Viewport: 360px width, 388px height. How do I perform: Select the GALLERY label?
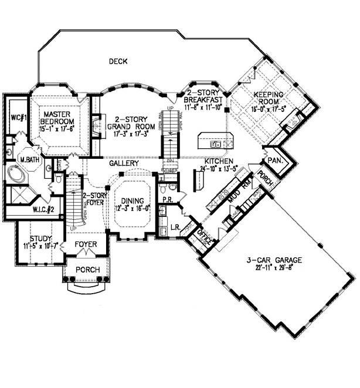click(x=123, y=163)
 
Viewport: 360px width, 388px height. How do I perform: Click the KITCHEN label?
click(x=219, y=161)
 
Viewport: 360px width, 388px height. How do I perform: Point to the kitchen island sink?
click(x=216, y=143)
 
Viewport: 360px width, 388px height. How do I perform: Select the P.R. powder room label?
click(x=167, y=199)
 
